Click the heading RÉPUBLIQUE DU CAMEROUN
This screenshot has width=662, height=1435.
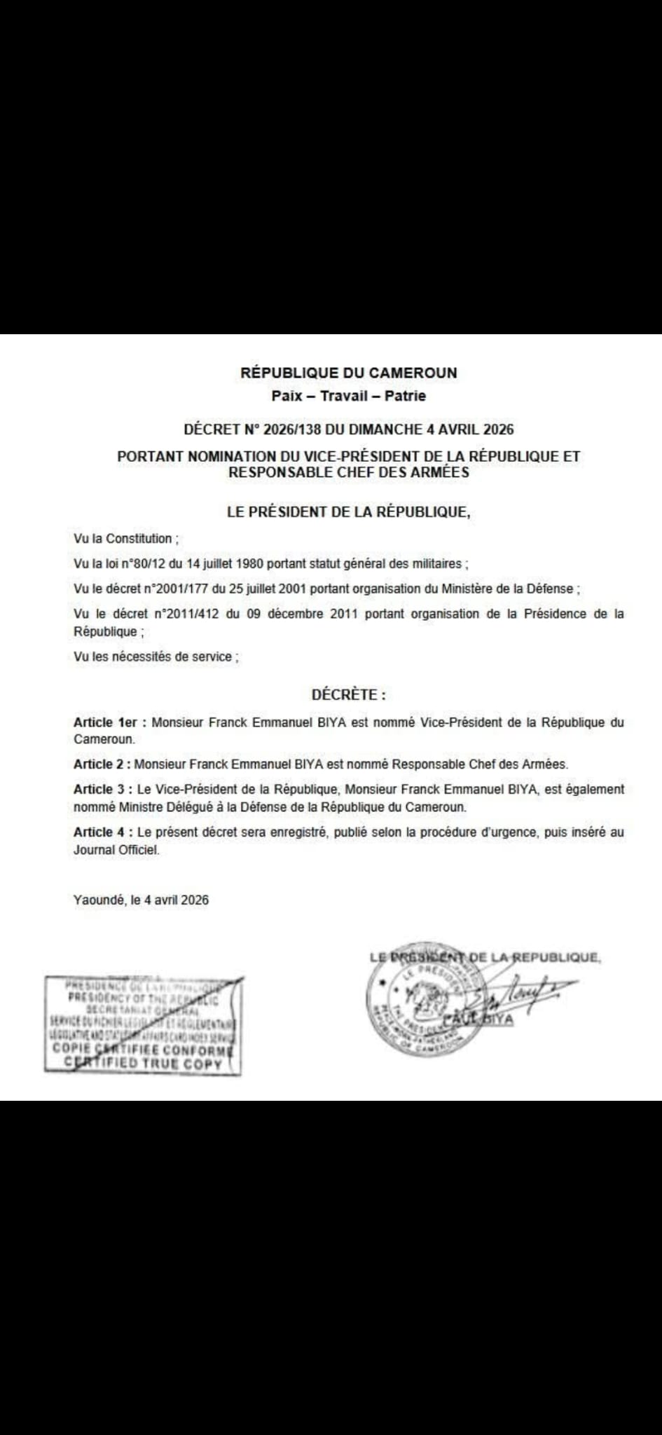(348, 373)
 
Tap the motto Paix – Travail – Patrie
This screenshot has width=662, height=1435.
(348, 396)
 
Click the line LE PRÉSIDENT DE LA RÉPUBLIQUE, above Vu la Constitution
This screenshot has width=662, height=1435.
(348, 512)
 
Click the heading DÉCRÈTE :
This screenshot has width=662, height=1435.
(348, 695)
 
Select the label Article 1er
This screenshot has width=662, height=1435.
(106, 722)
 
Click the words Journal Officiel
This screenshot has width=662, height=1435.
(116, 851)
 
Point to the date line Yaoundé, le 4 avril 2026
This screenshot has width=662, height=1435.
(141, 900)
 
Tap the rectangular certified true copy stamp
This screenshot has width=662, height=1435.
(143, 1025)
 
